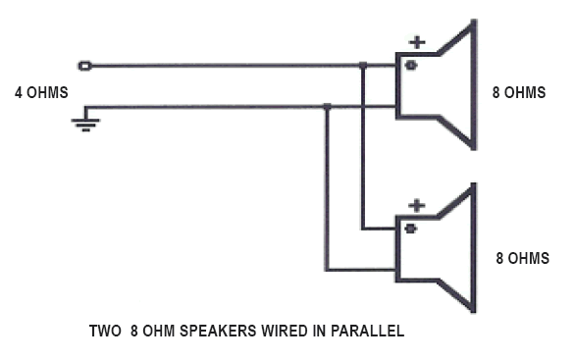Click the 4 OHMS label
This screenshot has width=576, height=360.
[x=42, y=94]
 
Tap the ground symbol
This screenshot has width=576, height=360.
[x=85, y=121]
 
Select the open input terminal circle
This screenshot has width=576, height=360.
[x=85, y=67]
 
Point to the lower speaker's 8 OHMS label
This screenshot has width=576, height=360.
[x=522, y=258]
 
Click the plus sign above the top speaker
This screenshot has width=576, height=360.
[x=417, y=42]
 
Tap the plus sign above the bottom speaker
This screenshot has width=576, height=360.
[x=417, y=206]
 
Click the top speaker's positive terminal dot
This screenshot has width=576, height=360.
[x=411, y=66]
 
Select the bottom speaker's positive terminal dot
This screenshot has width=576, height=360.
[x=411, y=229]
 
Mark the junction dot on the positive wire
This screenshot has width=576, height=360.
[x=363, y=67]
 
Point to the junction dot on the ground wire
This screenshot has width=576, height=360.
[x=327, y=108]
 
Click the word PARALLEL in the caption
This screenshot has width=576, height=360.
[x=368, y=332]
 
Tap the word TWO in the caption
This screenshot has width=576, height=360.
[x=105, y=332]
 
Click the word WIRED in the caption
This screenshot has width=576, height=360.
[x=277, y=332]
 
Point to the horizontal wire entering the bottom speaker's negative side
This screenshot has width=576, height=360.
[x=361, y=270]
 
